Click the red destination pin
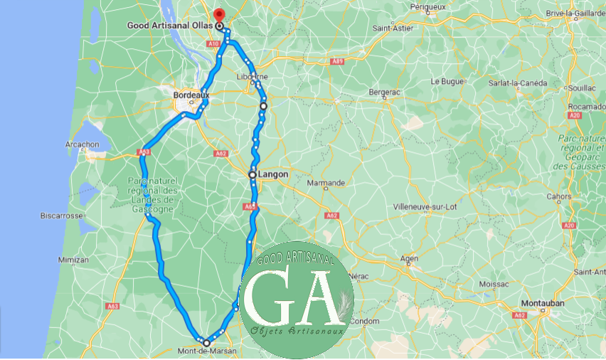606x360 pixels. coord(218,14)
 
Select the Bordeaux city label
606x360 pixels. coord(191,93)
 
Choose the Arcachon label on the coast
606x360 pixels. coord(82,144)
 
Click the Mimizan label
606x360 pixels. coord(74,260)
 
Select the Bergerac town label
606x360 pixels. coord(384,92)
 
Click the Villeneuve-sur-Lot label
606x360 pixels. coord(425,206)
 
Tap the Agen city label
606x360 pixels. coord(409,258)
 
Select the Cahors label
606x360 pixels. coord(558,196)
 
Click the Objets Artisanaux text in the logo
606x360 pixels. coord(297,331)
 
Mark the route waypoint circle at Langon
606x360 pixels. coord(253,174)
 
